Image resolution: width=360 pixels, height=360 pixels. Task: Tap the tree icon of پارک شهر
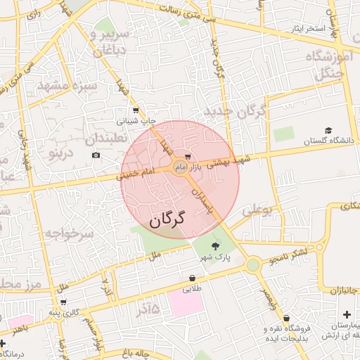point(215,245)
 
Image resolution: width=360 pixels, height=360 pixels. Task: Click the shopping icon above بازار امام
point(186,156)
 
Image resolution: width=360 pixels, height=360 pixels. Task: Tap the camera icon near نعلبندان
point(96,154)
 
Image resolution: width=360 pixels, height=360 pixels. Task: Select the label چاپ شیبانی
point(139,121)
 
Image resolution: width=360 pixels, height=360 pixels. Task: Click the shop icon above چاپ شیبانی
point(135,110)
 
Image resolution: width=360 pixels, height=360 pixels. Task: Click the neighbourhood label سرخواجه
point(69,233)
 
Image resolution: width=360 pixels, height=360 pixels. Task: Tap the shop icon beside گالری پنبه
point(63,302)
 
